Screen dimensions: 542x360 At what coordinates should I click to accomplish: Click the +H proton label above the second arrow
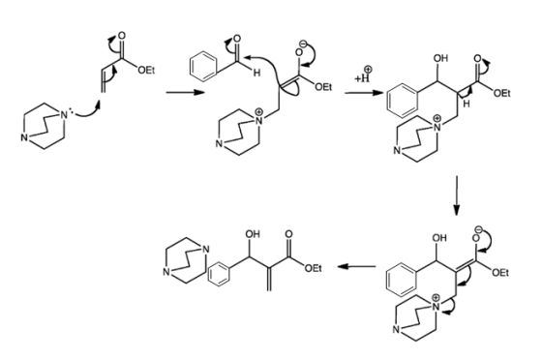(364, 76)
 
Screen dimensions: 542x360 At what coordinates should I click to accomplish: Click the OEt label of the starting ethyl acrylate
(146, 71)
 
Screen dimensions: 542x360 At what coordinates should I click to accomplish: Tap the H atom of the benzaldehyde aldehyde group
(256, 73)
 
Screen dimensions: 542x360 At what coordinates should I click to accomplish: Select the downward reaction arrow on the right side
(457, 195)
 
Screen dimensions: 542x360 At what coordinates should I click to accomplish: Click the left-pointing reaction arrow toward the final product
(357, 266)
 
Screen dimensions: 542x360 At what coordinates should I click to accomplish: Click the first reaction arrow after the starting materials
(185, 92)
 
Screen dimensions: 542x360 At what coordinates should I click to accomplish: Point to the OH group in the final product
(253, 234)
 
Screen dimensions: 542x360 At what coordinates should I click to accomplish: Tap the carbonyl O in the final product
(288, 234)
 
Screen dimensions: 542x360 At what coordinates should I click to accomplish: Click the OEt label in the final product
(314, 268)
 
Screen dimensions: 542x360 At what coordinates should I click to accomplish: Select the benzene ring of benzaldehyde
(203, 67)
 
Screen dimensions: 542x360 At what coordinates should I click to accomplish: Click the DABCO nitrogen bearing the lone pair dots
(63, 115)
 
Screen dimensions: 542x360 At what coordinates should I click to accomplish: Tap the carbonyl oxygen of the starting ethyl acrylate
(122, 36)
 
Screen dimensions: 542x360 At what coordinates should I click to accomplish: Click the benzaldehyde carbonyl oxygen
(237, 39)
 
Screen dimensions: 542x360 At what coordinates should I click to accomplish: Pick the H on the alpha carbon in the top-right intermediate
(467, 104)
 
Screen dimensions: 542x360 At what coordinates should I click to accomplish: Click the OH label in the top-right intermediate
(440, 58)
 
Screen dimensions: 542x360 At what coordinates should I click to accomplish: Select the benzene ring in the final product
(219, 275)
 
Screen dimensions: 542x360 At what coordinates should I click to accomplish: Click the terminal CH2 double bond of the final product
(270, 279)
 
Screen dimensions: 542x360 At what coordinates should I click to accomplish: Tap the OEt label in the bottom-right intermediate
(501, 273)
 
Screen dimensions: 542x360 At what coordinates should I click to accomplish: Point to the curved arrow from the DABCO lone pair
(87, 111)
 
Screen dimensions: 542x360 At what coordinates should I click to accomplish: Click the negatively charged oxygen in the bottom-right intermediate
(475, 238)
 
